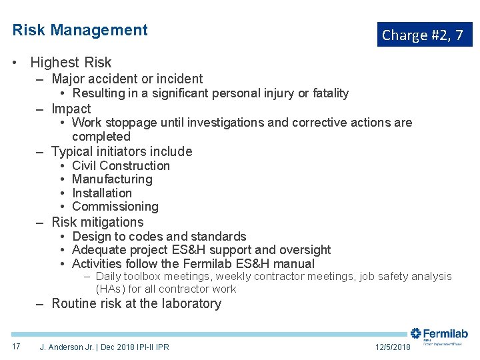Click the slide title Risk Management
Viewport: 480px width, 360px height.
click(x=80, y=30)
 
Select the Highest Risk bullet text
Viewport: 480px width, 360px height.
click(x=71, y=63)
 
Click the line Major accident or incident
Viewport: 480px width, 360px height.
click(x=127, y=79)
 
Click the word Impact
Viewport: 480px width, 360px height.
click(x=71, y=109)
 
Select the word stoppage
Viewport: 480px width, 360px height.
click(x=128, y=123)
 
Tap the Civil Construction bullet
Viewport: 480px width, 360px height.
click(x=121, y=166)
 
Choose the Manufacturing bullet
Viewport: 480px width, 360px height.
click(x=112, y=179)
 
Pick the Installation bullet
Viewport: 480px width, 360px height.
click(x=102, y=193)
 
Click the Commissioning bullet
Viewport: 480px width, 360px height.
click(x=115, y=207)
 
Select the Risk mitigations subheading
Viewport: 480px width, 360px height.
click(x=97, y=222)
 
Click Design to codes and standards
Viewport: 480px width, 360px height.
click(x=159, y=237)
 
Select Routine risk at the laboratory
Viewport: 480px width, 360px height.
click(x=136, y=304)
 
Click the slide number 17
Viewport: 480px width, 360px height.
click(x=16, y=347)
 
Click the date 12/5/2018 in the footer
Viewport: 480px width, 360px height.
click(x=393, y=347)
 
